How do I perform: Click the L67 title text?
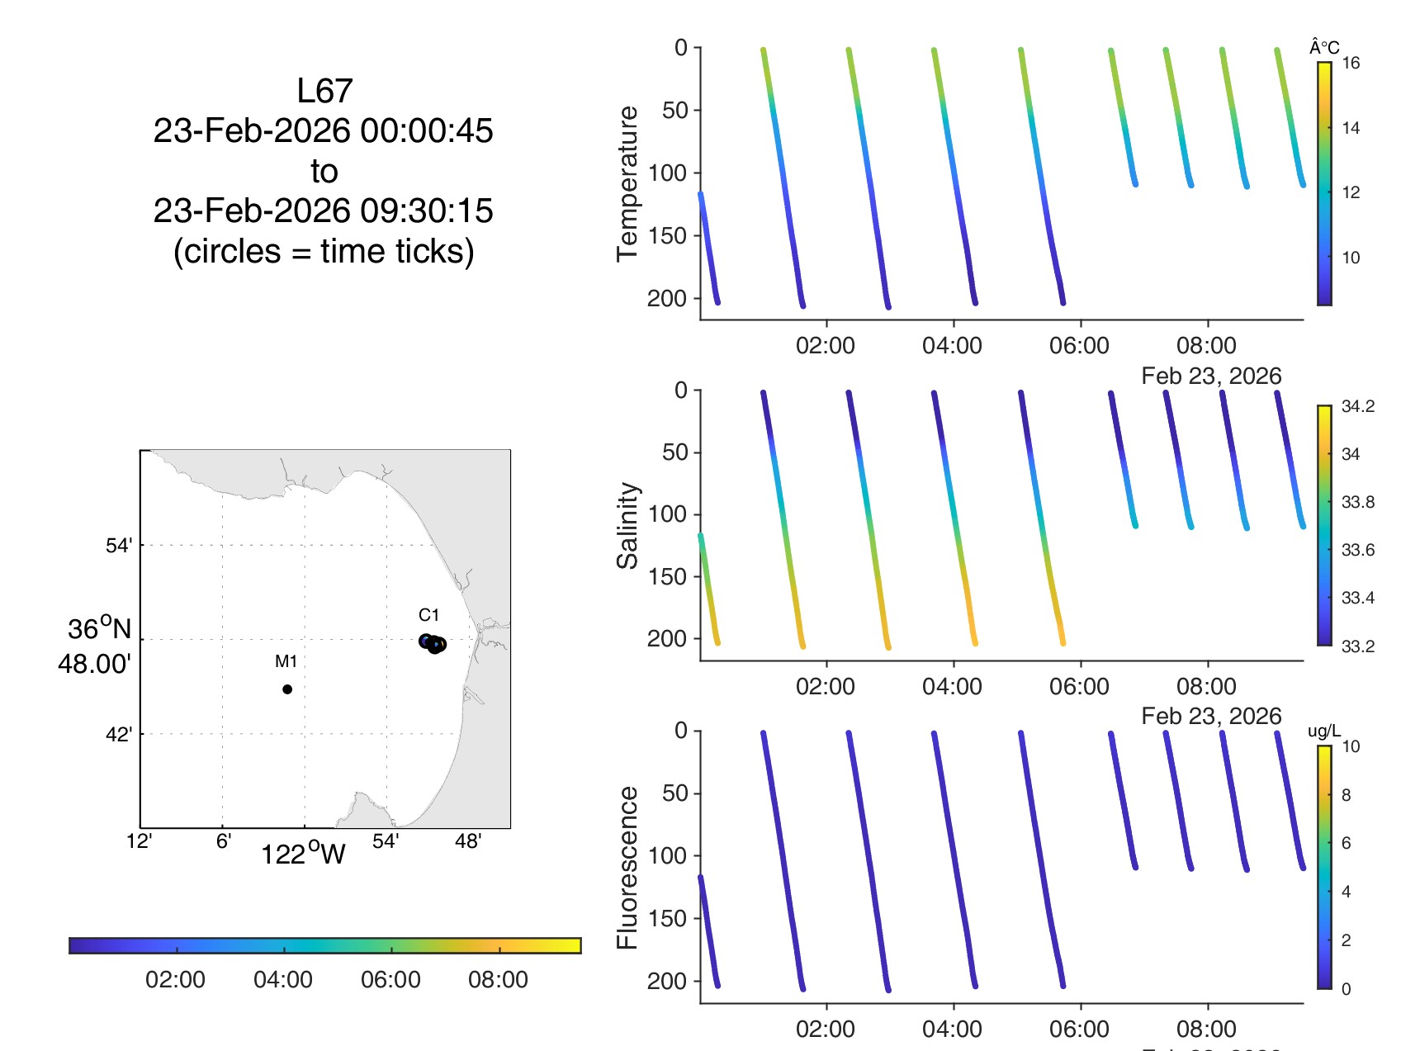tap(324, 91)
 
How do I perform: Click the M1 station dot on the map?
tap(287, 689)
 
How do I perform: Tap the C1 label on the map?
tap(428, 615)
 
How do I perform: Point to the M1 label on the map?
tap(286, 661)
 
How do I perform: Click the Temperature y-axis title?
tap(628, 183)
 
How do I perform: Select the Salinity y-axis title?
tap(628, 526)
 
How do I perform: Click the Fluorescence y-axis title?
tap(628, 867)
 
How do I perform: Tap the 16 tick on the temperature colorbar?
tap(1351, 64)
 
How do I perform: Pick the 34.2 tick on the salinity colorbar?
tap(1357, 406)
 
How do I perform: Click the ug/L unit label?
tap(1324, 731)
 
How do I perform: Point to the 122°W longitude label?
tap(303, 854)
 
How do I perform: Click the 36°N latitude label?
tap(99, 629)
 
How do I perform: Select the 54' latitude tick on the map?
tap(119, 546)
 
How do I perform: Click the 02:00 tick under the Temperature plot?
tap(826, 346)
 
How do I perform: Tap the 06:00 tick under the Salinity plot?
tap(1079, 687)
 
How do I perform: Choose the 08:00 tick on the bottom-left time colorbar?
tap(498, 980)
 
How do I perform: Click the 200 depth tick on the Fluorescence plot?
tap(667, 982)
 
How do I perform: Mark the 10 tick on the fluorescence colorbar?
tap(1351, 747)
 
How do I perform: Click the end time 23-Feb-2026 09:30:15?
tap(324, 211)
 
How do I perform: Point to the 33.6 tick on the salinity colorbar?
tap(1357, 550)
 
